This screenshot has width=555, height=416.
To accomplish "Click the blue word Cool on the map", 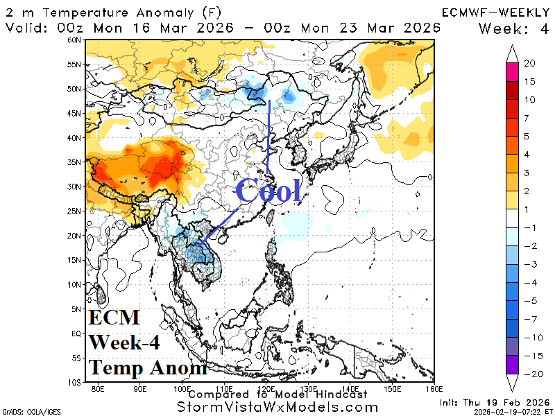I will [x=268, y=190].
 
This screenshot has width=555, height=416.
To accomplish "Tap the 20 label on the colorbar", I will [x=530, y=63].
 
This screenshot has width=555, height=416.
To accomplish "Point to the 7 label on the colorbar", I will [x=527, y=117].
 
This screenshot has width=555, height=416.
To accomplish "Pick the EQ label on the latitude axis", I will [x=76, y=333].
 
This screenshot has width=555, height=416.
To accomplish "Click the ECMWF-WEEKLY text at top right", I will [x=495, y=12].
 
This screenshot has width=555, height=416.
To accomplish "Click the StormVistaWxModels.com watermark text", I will [x=277, y=407].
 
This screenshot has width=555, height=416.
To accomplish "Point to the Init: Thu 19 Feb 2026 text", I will [x=494, y=403].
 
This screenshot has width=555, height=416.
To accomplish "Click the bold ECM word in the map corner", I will [x=114, y=318].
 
